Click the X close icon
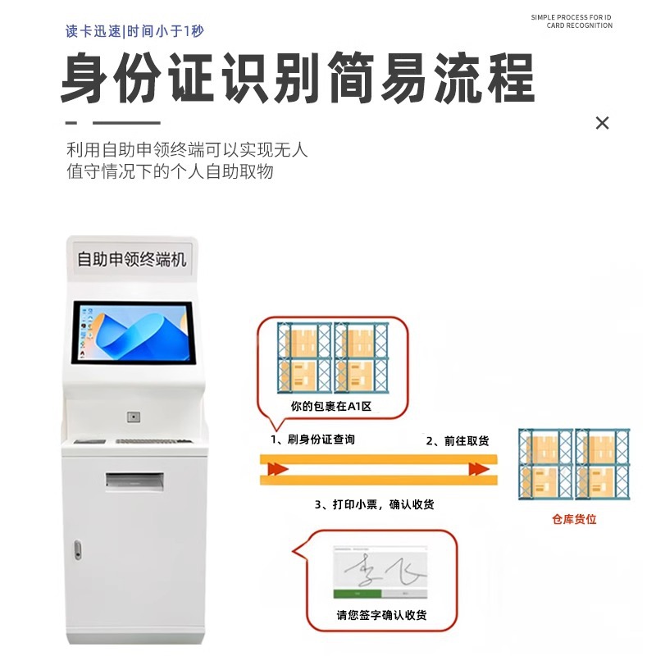tap(602, 123)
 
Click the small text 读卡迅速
tap(93, 32)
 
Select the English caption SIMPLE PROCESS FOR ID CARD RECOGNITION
tap(572, 21)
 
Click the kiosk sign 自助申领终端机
tap(131, 259)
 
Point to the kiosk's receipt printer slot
tap(135, 480)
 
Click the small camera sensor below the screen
tap(132, 417)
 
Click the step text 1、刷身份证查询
tap(313, 440)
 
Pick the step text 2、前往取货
tap(457, 441)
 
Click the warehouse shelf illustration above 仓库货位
tap(574, 466)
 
